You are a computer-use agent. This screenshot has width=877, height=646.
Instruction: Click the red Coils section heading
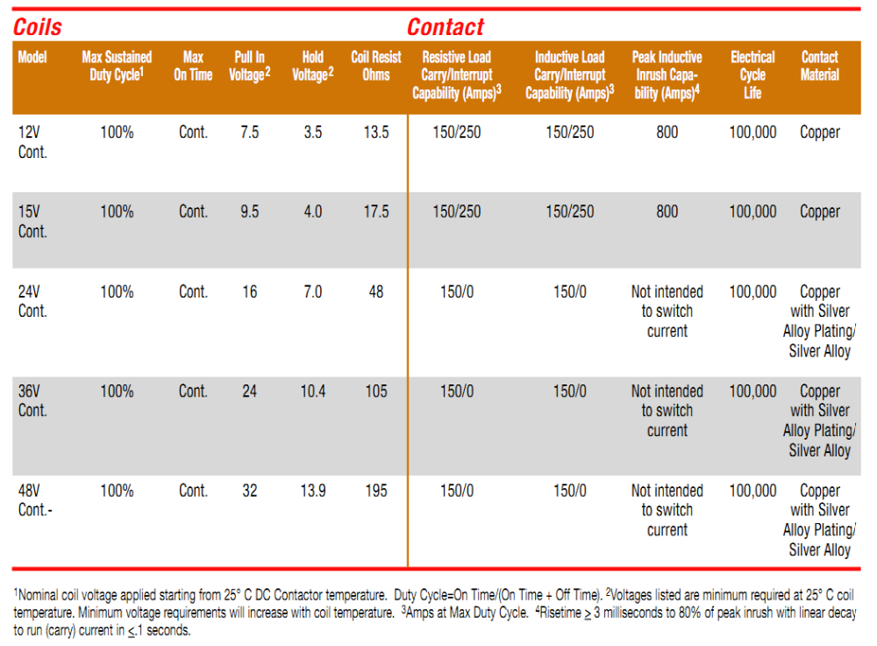[x=37, y=26]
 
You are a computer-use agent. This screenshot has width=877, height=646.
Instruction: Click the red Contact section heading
[x=445, y=26]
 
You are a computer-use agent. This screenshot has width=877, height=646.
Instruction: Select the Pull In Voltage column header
[x=249, y=66]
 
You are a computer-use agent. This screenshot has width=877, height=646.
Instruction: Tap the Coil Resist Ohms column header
[x=376, y=66]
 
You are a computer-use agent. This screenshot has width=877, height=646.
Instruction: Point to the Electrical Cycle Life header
[x=752, y=75]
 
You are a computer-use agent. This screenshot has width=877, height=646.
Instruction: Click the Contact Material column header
[x=820, y=66]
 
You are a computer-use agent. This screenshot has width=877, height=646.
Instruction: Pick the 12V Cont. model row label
[x=32, y=141]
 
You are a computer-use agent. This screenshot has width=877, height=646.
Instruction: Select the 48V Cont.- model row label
[x=35, y=499]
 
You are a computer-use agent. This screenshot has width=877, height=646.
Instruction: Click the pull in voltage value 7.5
[x=249, y=132]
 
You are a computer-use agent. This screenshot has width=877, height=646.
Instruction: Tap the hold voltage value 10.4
[x=313, y=391]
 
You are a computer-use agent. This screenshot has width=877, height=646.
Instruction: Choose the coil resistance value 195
[x=376, y=491]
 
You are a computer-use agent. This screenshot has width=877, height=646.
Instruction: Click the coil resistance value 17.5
[x=376, y=212]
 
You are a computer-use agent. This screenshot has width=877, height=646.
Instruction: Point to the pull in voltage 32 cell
[x=249, y=491]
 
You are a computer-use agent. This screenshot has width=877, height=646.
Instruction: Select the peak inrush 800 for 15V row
[x=667, y=212]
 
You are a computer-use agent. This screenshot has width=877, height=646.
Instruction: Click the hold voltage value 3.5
[x=313, y=132]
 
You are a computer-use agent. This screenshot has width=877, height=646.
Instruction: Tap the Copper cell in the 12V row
[x=820, y=132]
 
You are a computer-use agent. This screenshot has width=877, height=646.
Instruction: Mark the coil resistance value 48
[x=376, y=291]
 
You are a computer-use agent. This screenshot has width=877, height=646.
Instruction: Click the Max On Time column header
[x=193, y=66]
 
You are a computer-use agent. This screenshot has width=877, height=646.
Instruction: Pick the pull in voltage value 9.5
[x=249, y=212]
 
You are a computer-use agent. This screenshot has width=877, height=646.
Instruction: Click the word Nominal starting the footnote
[x=39, y=594]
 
